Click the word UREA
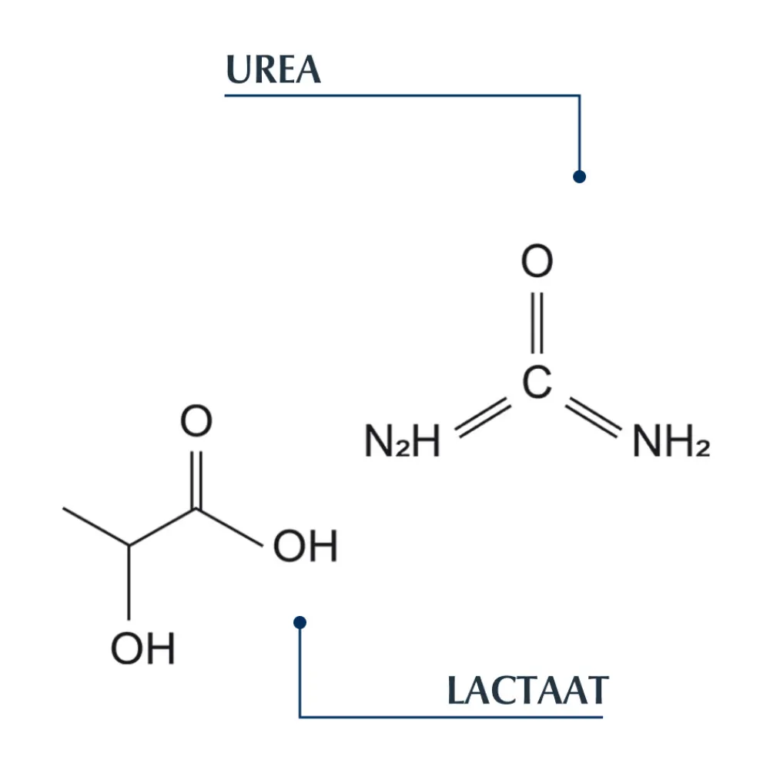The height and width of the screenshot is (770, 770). pos(273,70)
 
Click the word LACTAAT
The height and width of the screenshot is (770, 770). pos(527,691)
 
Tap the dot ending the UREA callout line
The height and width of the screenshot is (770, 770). pos(580,176)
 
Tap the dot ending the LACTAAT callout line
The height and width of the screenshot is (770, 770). pos(300,621)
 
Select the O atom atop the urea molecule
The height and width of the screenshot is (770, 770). pos(537,263)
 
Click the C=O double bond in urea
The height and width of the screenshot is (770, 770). pos(537,323)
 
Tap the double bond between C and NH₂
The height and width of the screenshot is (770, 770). pos(593,417)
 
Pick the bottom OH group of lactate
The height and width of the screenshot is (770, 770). pos(143,649)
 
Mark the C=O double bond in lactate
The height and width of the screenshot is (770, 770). pos(196,477)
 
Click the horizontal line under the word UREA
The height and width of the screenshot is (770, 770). pos(400,95)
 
